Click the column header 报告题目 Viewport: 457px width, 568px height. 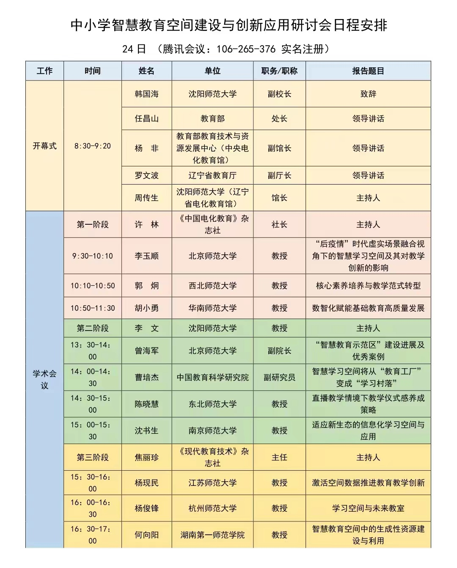368,71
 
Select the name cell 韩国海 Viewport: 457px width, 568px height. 146,94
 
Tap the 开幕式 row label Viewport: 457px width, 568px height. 44,146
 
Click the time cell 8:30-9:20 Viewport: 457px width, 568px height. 92,146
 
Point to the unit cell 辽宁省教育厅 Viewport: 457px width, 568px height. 212,176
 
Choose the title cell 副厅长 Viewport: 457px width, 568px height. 279,176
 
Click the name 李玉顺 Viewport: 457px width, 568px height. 146,256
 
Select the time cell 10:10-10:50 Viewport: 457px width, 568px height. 92,286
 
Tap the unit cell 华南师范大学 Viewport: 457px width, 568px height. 212,308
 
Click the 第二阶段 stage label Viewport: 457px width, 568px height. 92,328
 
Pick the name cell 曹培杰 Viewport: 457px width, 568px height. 146,378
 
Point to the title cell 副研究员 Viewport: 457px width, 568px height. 279,378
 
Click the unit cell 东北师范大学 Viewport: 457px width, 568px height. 212,404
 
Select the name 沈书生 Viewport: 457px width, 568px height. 146,431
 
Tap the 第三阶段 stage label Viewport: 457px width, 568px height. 92,458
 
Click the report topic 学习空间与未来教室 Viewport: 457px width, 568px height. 368,508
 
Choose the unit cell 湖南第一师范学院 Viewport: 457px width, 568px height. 212,535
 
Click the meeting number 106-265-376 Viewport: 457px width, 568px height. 246,49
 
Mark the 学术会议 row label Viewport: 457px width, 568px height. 44,380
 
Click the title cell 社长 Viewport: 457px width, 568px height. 279,225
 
